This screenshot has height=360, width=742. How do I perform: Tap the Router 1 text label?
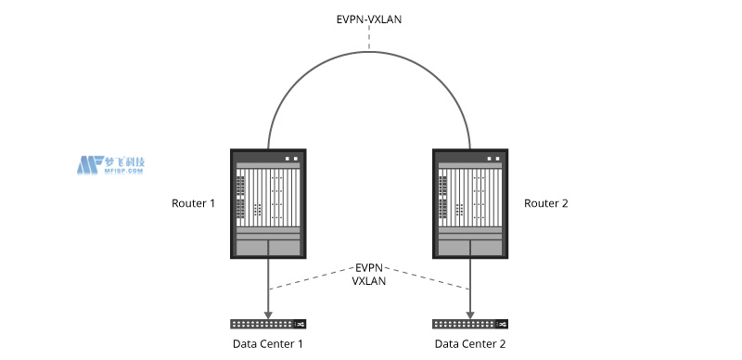pyautogui.click(x=193, y=203)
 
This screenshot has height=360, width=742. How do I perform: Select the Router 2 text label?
pyautogui.click(x=546, y=203)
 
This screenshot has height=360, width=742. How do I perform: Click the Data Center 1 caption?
pyautogui.click(x=268, y=344)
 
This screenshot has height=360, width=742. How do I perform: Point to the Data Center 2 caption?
pyautogui.click(x=470, y=344)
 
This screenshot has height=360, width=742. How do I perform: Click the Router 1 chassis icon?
pyautogui.click(x=268, y=203)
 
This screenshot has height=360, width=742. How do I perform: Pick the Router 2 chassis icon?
pyautogui.click(x=470, y=203)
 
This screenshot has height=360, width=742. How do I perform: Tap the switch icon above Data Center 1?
pyautogui.click(x=268, y=324)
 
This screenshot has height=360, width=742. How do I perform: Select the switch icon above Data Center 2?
pyautogui.click(x=470, y=324)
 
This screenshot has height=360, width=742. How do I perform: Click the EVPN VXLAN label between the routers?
pyautogui.click(x=369, y=276)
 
